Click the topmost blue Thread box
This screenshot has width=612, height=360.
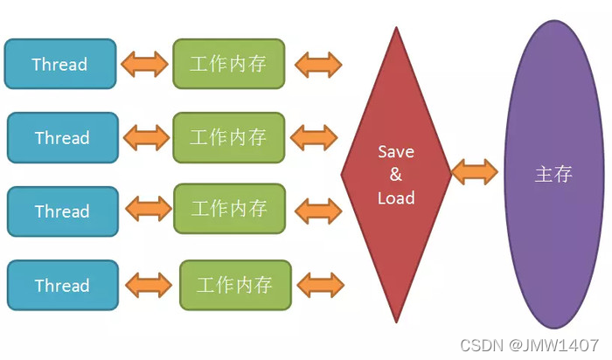[59, 64]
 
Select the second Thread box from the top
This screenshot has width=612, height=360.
[62, 137]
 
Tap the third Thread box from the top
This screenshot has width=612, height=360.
[62, 211]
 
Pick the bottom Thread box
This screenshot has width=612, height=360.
[62, 285]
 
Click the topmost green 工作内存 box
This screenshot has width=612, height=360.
[228, 64]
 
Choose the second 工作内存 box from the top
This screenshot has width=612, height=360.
[228, 137]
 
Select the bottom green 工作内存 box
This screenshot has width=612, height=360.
[234, 285]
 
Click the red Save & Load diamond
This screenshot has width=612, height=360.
[395, 175]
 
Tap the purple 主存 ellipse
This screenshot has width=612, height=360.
[553, 175]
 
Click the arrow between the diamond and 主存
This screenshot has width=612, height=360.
[475, 171]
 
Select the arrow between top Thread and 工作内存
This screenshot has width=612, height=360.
[144, 64]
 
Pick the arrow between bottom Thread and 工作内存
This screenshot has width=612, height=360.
[150, 285]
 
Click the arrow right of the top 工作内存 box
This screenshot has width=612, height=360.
[318, 64]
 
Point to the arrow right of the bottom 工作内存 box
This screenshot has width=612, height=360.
[321, 284]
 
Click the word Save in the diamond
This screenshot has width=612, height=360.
[395, 151]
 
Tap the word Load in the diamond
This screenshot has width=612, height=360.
[395, 197]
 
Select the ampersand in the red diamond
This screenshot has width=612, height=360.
[395, 175]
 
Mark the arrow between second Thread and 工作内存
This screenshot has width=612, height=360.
[146, 137]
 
